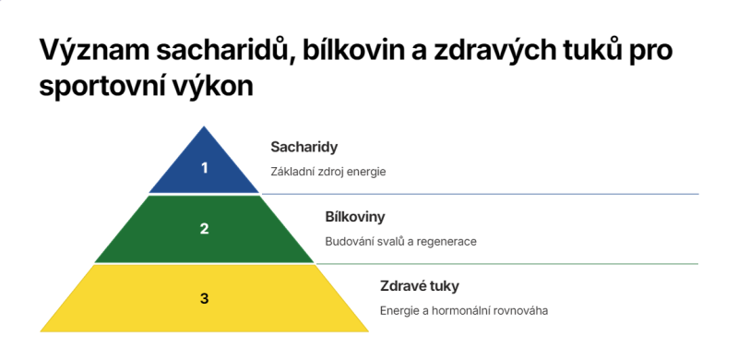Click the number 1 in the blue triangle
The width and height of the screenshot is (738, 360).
click(205, 167)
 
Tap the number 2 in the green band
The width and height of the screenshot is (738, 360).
click(205, 229)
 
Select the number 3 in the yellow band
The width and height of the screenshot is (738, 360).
click(205, 298)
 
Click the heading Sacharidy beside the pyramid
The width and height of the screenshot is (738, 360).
click(304, 147)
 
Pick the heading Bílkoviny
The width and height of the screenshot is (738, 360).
click(355, 217)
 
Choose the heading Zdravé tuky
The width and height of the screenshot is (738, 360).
click(419, 286)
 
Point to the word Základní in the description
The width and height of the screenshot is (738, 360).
click(294, 172)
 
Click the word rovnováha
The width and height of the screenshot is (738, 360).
click(521, 310)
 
